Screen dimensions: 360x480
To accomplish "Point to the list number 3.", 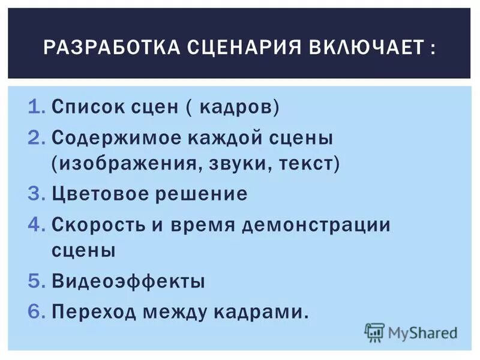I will coord(36,194).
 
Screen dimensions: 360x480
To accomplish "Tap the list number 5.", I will coord(36,281).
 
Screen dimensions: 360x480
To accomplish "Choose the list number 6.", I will coord(36,310).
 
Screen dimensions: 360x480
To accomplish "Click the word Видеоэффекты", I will coord(128,281).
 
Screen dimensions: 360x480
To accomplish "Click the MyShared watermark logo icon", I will coord(374,331).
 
